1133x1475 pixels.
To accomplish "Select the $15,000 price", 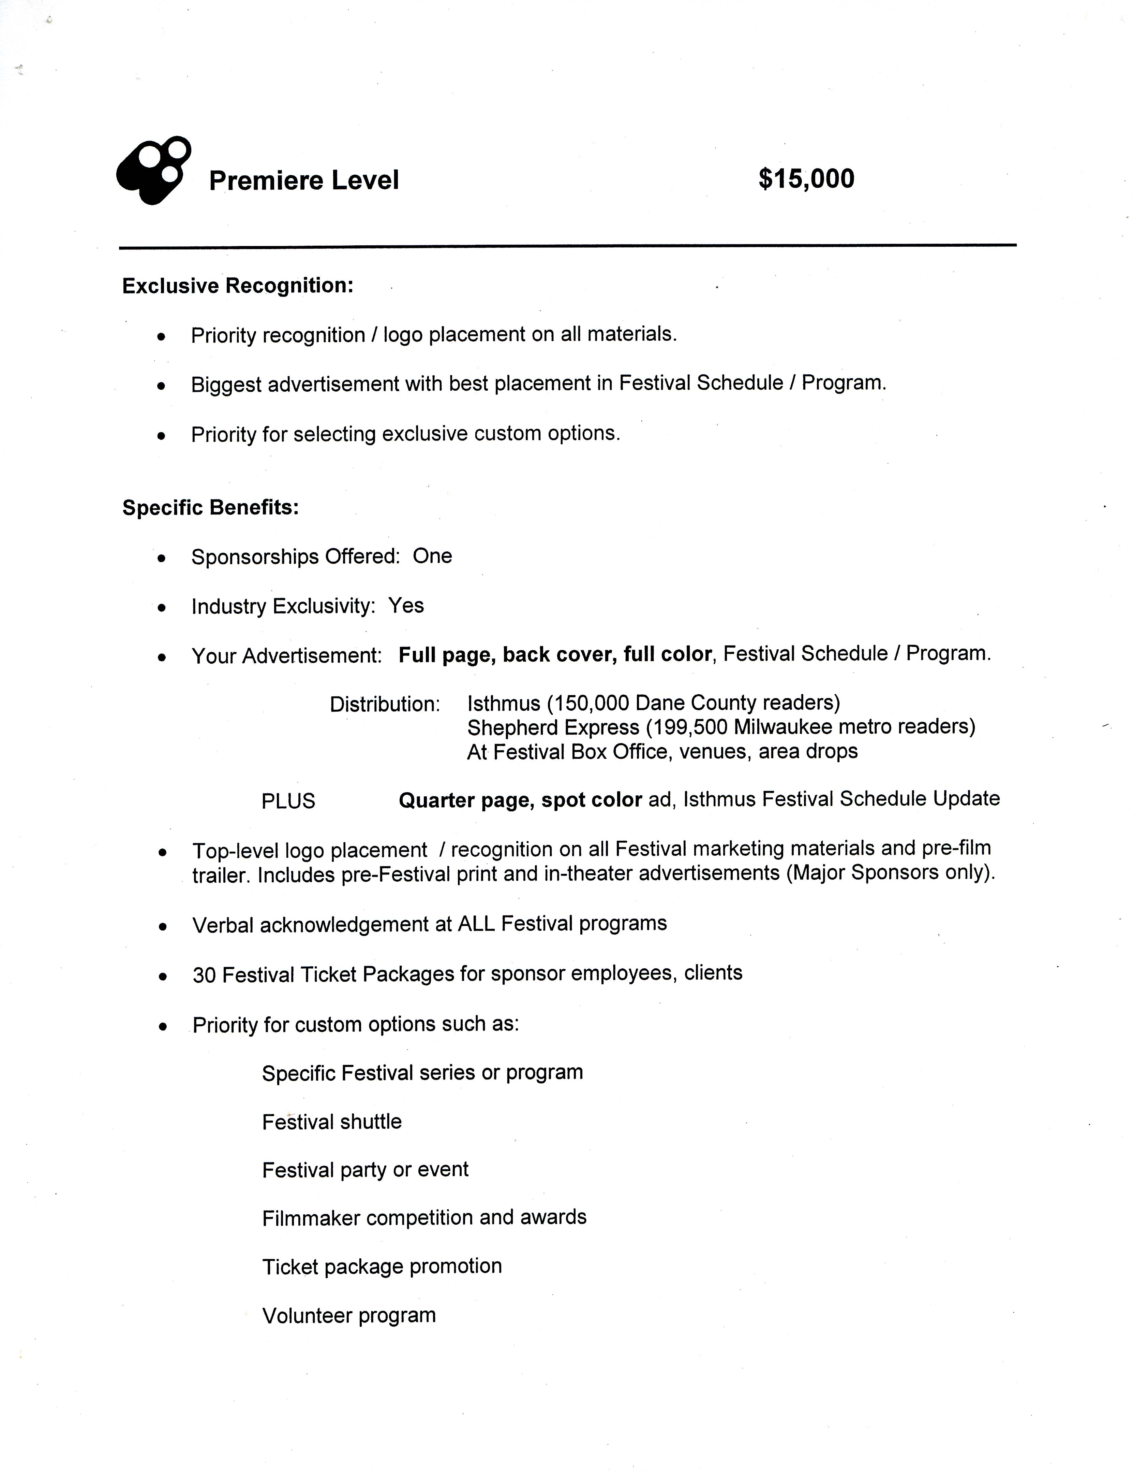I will pos(806,179).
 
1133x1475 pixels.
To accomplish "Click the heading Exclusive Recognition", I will pos(237,286).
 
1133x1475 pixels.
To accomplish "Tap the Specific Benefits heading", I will pos(210,507).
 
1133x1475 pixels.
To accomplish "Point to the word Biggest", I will pos(226,385).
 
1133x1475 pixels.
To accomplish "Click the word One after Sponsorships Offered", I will pos(432,556).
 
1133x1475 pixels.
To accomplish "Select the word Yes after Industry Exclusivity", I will pos(406,605).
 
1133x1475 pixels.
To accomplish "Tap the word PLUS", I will pos(288,801).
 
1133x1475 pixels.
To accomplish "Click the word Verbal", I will pos(223,924).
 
